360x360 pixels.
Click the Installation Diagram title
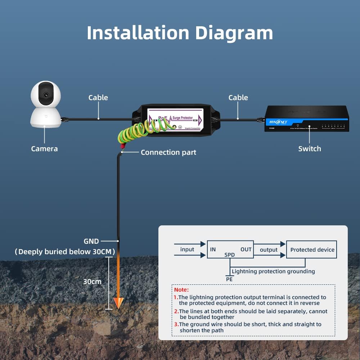pos(180,33)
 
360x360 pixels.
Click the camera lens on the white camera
pos(45,94)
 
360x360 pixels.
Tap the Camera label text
pos(44,149)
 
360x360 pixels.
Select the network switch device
pos(306,119)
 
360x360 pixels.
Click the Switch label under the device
pos(309,149)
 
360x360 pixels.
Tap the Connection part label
pos(168,152)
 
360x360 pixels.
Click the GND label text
pos(91,241)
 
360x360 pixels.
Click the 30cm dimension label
pos(92,282)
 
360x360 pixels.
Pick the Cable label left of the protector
pos(98,98)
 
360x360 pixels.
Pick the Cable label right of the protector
pos(238,98)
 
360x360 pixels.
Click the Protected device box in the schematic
pos(312,249)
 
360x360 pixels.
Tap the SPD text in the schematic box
pos(230,255)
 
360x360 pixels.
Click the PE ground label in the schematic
pos(229,279)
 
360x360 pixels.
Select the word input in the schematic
pos(187,249)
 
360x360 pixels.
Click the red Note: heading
pos(181,289)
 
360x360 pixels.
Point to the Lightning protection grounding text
pos(273,271)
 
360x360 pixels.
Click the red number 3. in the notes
pos(176,324)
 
